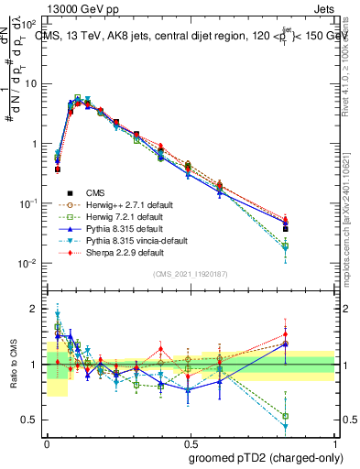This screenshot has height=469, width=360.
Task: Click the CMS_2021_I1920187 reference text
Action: (x=191, y=274)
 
